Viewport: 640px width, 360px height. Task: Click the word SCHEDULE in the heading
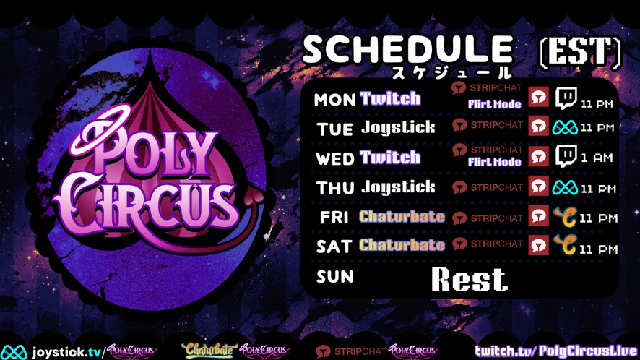tap(407, 49)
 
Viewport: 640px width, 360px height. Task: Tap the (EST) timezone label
tap(581, 51)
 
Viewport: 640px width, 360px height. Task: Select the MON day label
tap(334, 100)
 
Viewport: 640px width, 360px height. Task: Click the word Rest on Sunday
tap(470, 280)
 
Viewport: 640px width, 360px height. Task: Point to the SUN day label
tap(334, 277)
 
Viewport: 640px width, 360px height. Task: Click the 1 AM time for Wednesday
tap(597, 158)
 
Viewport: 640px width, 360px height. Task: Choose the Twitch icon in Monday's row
tap(566, 98)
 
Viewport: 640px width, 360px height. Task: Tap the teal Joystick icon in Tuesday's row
tap(565, 127)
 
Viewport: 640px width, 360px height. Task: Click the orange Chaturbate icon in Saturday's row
tap(566, 244)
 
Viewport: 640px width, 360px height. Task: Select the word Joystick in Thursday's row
tap(398, 187)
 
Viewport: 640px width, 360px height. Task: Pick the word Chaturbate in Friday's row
tap(402, 216)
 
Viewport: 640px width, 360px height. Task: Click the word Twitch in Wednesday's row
tap(390, 158)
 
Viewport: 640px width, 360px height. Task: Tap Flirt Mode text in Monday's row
tap(495, 104)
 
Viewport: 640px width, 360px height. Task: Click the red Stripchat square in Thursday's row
tap(538, 187)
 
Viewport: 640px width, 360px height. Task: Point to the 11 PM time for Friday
tap(598, 218)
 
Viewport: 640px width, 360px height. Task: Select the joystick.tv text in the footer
tap(67, 352)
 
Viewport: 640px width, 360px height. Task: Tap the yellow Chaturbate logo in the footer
tap(209, 350)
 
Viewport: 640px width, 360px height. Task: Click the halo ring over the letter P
tap(100, 129)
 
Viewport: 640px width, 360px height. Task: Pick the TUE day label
tap(334, 129)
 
